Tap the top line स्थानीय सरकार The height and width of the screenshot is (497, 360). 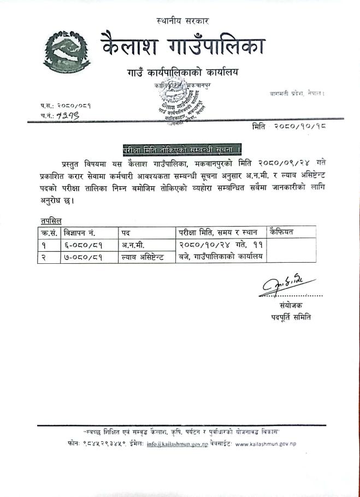click(182, 21)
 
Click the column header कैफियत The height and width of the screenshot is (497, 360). click(281, 232)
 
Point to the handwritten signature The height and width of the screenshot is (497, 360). click(286, 283)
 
